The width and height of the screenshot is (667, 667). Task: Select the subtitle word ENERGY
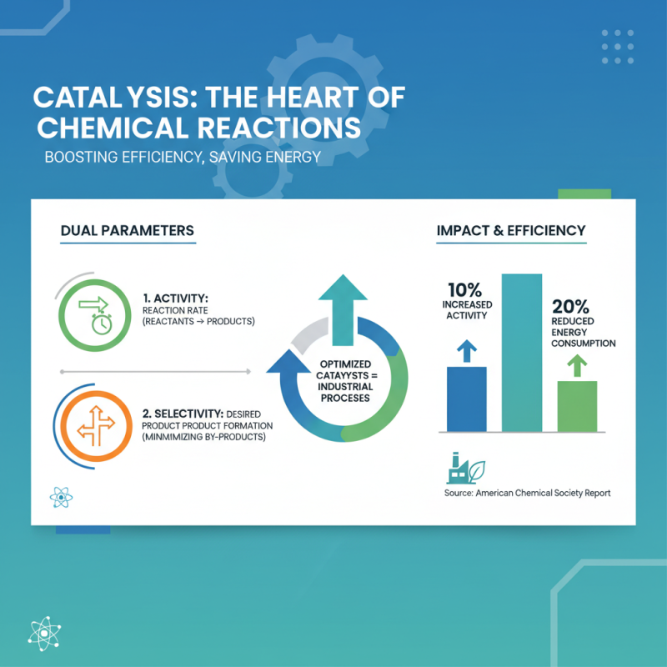(x=283, y=157)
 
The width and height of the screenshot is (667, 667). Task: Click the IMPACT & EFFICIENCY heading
(x=510, y=230)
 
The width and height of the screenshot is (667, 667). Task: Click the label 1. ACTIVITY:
(x=176, y=295)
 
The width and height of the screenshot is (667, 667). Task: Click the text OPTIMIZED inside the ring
(x=342, y=364)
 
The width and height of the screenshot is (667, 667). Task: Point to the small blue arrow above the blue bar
(x=467, y=350)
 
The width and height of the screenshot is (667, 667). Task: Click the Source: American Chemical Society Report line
(x=528, y=494)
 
